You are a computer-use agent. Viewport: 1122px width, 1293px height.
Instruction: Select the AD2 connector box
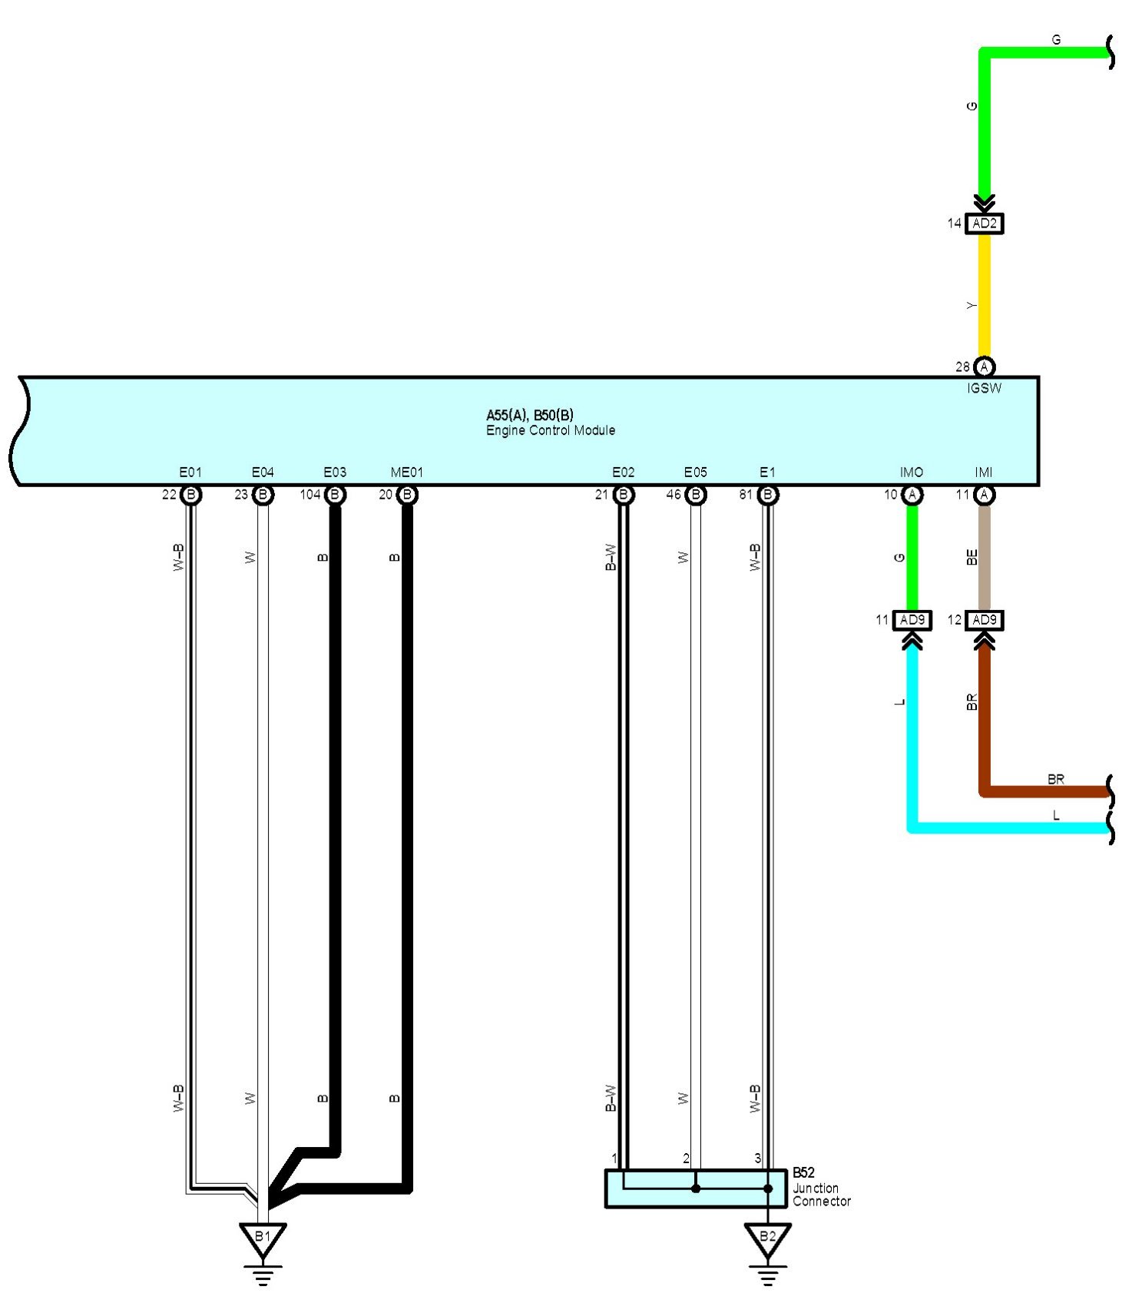(984, 224)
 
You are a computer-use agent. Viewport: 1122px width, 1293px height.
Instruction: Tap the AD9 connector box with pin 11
(912, 620)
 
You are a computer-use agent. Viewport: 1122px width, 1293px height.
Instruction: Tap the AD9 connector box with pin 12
(984, 620)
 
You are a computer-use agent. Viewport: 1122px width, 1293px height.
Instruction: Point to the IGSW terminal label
(984, 389)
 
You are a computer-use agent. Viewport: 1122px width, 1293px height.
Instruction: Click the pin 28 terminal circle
(984, 367)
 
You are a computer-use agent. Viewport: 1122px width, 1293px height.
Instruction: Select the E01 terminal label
(190, 472)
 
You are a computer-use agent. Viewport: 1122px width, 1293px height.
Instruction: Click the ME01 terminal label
(406, 472)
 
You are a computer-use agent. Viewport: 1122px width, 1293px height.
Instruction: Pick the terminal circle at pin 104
(335, 495)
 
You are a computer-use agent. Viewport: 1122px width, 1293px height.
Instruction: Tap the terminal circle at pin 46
(696, 495)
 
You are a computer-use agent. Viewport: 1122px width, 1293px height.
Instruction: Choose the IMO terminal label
(912, 472)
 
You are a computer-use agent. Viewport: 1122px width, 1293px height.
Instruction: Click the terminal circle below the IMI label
(984, 495)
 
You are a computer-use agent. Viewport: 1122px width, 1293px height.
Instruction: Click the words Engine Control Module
(551, 431)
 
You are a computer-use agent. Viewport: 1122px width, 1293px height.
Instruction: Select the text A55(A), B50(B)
(530, 415)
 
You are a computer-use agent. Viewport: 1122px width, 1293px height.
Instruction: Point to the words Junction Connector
(821, 1195)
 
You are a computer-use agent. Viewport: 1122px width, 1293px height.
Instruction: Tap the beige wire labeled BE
(984, 557)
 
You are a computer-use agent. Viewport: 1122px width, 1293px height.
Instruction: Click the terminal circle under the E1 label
(767, 495)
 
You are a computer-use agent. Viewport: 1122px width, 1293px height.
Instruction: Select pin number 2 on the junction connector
(687, 1159)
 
